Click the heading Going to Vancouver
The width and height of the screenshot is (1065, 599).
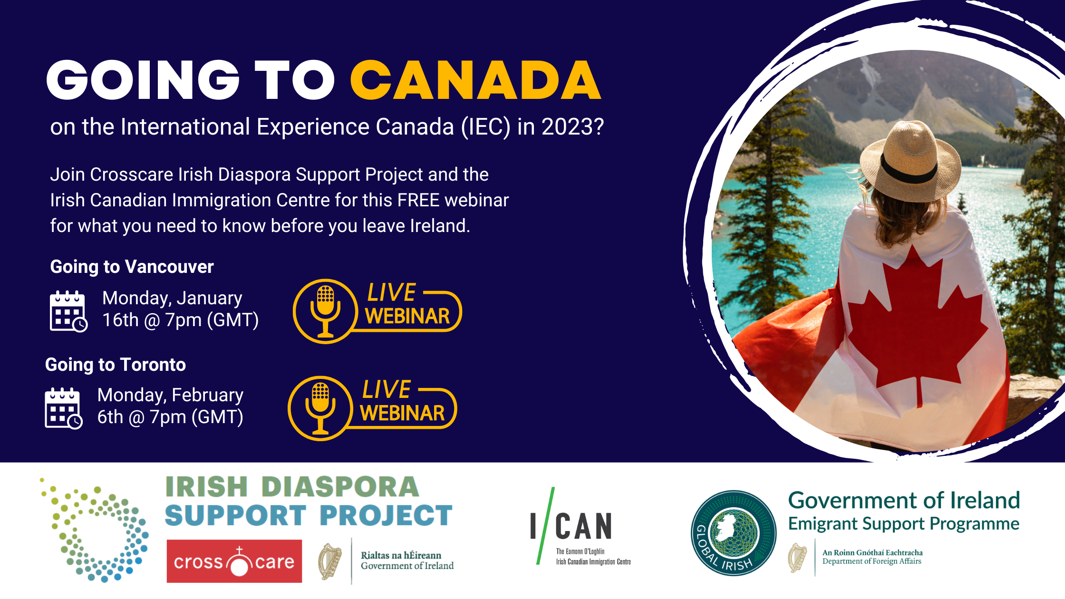132,267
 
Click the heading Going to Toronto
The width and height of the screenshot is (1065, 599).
116,365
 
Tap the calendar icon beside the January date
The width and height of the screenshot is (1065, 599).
68,311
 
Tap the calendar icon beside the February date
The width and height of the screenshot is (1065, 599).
64,408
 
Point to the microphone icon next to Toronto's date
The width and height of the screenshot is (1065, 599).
320,408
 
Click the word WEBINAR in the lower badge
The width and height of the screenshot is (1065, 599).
402,413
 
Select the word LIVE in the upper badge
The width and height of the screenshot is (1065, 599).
392,292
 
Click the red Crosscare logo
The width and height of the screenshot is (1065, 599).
234,561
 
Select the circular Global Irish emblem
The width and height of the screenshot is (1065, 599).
734,533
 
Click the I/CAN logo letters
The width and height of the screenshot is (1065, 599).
571,526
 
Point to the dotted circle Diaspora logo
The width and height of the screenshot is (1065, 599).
95,530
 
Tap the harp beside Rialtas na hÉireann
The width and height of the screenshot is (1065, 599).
330,561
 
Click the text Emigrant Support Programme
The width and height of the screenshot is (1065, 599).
904,523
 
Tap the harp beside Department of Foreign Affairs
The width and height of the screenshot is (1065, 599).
797,557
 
